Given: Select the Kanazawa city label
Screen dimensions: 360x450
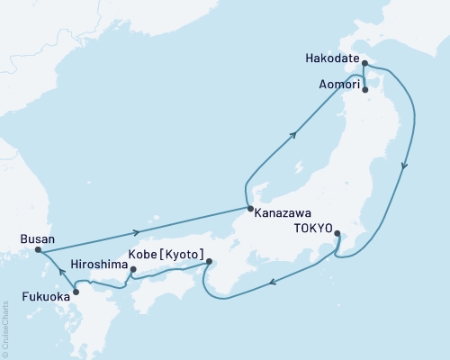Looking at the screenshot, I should click(283, 214).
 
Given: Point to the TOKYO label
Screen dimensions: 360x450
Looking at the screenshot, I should click(310, 229).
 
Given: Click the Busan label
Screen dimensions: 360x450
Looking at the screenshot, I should click(37, 239).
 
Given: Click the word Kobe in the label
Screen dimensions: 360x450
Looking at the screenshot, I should click(147, 254).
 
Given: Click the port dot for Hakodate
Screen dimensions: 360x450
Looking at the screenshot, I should click(364, 63).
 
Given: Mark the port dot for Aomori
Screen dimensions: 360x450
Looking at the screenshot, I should click(365, 89).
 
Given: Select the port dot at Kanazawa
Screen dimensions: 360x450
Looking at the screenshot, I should click(248, 210).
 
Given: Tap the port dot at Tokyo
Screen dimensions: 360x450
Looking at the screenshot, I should click(337, 234).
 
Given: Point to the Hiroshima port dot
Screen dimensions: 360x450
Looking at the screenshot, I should click(132, 269).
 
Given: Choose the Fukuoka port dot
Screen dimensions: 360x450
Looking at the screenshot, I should click(76, 291).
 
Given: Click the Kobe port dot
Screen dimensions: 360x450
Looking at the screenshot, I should click(209, 262).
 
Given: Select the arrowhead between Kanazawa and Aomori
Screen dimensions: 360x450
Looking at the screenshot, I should click(294, 136).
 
